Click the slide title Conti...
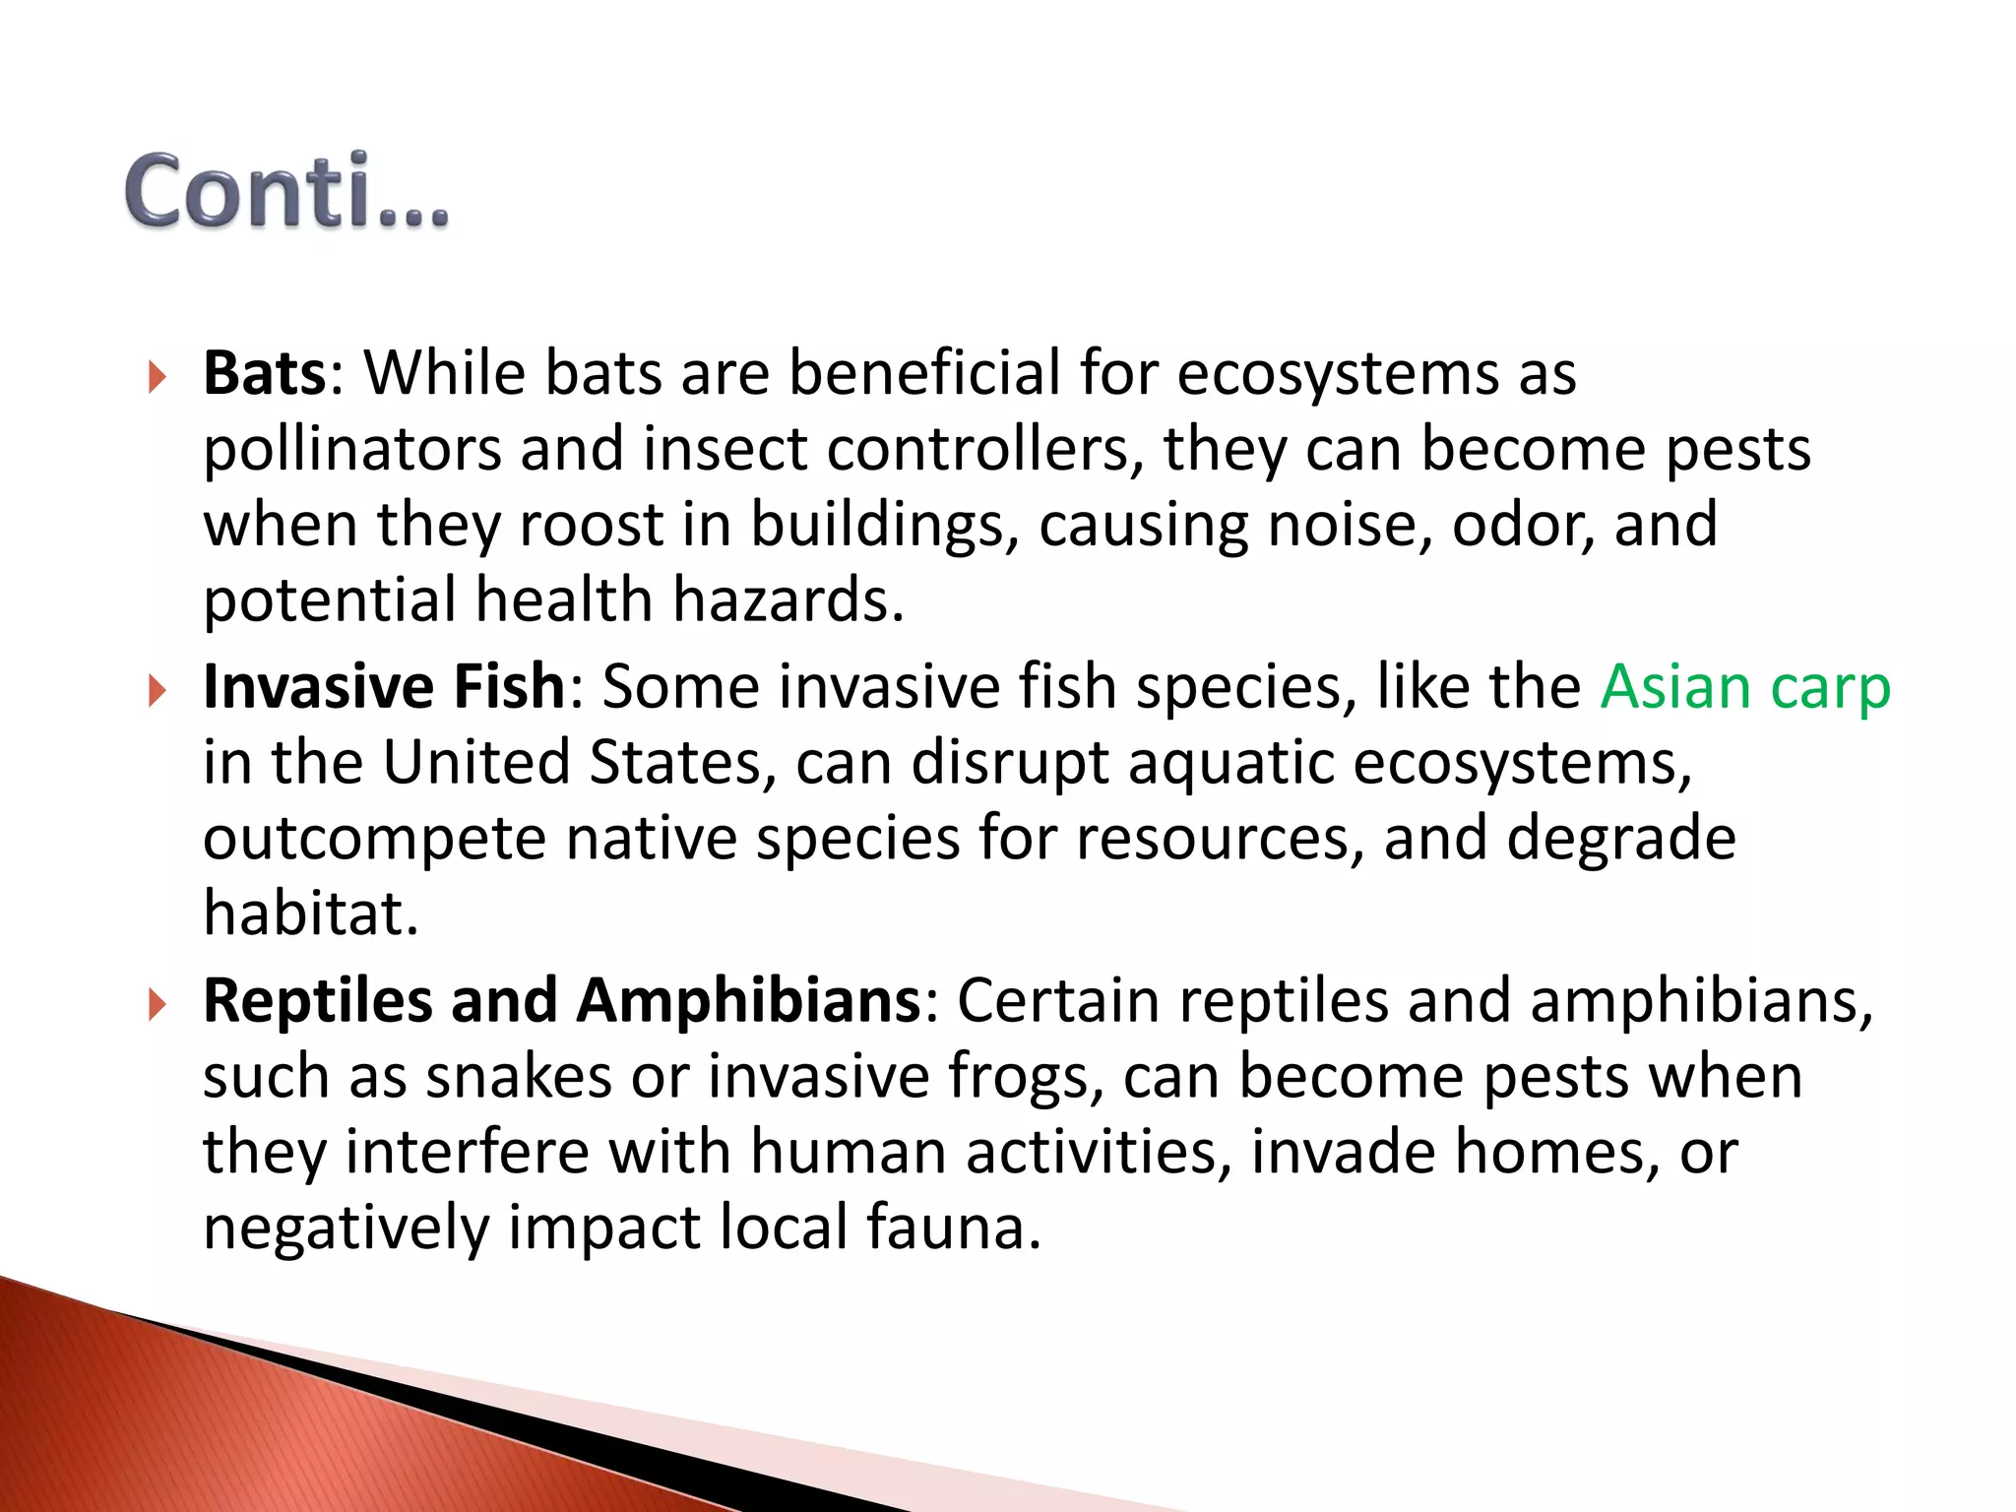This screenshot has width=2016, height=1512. click(x=285, y=191)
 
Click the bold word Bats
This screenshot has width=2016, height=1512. click(x=264, y=373)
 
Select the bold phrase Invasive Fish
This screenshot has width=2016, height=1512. click(x=384, y=686)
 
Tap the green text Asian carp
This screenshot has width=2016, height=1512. click(x=1744, y=688)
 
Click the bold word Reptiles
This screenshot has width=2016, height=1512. click(x=317, y=1000)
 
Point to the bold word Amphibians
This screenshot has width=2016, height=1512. click(x=748, y=1000)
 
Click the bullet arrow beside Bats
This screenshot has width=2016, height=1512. click(x=157, y=377)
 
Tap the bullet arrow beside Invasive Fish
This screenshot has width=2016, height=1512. click(x=157, y=690)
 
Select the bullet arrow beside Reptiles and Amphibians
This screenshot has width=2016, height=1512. click(x=157, y=1004)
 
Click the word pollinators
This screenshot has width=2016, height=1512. click(x=351, y=450)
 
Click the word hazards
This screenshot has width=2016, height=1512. click(x=787, y=600)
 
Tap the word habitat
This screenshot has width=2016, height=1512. click(x=310, y=913)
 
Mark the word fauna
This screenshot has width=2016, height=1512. click(x=952, y=1228)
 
